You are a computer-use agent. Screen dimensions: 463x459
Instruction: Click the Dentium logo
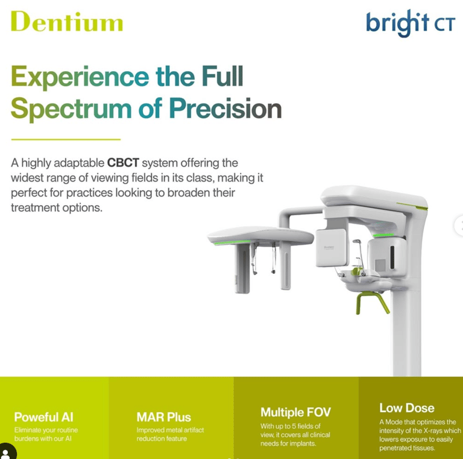tap(67, 21)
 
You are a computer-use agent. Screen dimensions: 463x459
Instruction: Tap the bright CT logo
tap(411, 23)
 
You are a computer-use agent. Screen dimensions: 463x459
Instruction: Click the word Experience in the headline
tap(80, 77)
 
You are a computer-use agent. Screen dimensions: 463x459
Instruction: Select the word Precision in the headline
tap(225, 109)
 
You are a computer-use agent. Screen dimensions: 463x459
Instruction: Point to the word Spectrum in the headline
tap(71, 110)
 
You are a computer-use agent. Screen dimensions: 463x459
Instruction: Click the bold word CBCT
tap(123, 163)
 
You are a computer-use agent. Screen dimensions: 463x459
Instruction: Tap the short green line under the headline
tap(66, 139)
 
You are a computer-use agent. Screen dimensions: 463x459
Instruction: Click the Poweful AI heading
tap(43, 417)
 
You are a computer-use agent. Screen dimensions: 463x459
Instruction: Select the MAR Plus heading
tap(164, 417)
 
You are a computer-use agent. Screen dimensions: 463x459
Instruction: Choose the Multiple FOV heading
tap(295, 413)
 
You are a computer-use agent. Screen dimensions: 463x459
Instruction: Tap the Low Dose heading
tap(407, 408)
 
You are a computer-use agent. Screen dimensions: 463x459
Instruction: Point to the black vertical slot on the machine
tap(392, 258)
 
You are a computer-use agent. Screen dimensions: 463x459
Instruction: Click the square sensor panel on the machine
tap(331, 247)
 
